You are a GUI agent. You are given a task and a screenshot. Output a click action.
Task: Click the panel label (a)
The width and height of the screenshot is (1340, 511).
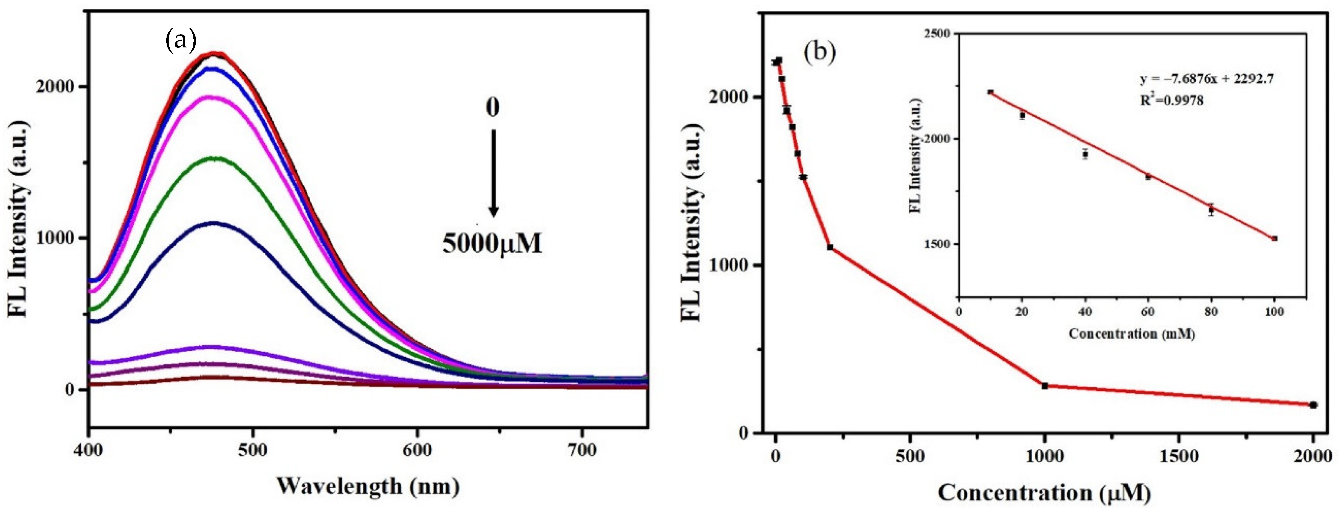tap(180, 41)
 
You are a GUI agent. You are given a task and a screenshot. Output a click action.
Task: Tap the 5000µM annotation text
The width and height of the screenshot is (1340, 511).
tap(492, 243)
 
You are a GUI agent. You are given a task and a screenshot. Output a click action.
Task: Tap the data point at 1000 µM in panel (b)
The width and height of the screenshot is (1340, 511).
tap(1044, 386)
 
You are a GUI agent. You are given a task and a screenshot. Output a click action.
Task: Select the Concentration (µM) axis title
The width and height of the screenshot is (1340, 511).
tap(1044, 493)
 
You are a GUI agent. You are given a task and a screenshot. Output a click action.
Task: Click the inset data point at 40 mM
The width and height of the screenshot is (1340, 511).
tap(1085, 154)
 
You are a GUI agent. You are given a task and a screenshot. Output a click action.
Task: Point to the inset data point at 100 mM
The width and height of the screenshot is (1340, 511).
tap(1274, 238)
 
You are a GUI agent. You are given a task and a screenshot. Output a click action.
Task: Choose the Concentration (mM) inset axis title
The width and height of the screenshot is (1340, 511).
tap(1131, 334)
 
